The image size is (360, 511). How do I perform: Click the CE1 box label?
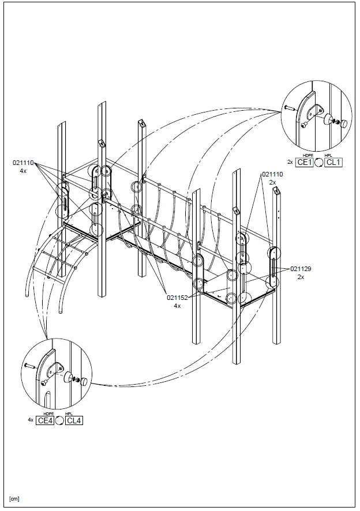[x=304, y=162]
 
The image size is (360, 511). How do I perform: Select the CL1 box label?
[x=333, y=162]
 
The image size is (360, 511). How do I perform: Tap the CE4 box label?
[x=45, y=420]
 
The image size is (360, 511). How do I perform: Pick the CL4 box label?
[x=74, y=420]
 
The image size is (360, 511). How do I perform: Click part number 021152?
[x=178, y=298]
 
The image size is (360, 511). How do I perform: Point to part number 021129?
[x=301, y=269]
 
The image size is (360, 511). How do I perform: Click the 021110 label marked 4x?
[x=24, y=163]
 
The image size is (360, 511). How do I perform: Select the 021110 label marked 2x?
[x=273, y=174]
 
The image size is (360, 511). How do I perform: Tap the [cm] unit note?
[x=14, y=498]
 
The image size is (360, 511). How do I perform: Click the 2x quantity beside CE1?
[x=290, y=162]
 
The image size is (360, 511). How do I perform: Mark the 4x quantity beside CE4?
[x=31, y=420]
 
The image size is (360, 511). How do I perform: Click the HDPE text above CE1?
[x=307, y=156]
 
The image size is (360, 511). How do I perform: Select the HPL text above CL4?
[x=69, y=414]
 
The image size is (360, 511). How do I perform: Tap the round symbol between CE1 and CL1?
[x=318, y=162]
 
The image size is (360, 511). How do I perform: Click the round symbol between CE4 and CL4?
[x=59, y=420]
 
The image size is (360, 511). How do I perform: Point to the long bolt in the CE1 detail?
[x=289, y=108]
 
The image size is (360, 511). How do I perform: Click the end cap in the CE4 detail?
[x=84, y=381]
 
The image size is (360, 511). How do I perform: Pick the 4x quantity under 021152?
[x=178, y=306]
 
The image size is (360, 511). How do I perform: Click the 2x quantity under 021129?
[x=301, y=277]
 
